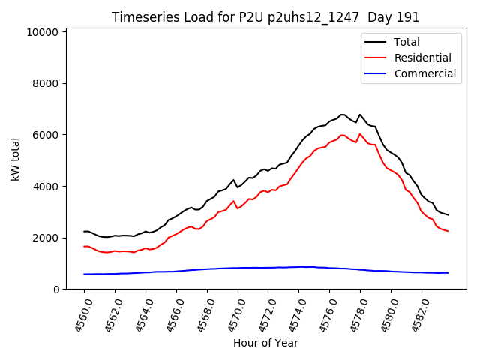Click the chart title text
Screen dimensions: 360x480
click(x=265, y=17)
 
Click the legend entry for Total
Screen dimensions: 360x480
click(x=406, y=42)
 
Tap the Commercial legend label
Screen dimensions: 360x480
click(x=424, y=73)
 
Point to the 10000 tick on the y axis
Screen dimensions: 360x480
click(x=42, y=32)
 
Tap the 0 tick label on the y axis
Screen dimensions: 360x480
click(x=55, y=289)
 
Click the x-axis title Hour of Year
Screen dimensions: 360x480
click(x=265, y=343)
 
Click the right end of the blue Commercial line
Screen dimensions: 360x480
click(x=448, y=273)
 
